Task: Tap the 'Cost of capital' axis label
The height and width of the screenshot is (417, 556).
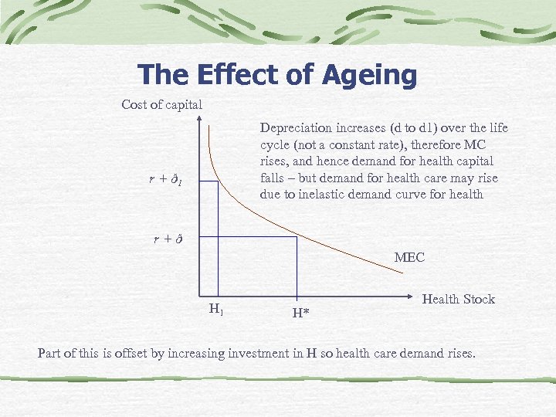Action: [162, 105]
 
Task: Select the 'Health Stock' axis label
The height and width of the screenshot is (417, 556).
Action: [459, 299]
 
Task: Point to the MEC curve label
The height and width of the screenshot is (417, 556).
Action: [409, 257]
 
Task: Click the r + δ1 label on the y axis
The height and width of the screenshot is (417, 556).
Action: [165, 180]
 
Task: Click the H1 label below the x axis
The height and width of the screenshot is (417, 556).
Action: [216, 310]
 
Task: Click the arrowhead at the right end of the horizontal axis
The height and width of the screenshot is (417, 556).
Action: [411, 295]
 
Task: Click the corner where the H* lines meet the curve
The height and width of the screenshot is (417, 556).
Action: [297, 236]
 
